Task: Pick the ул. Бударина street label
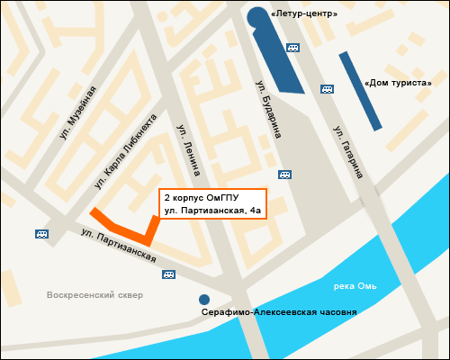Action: coord(268,107)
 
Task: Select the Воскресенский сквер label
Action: coord(95,294)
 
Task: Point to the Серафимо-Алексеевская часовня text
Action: coord(279,311)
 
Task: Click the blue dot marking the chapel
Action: coord(204,300)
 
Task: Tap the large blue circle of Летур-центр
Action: coord(258,17)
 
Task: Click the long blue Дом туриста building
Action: coord(360,90)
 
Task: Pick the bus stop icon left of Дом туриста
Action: coord(328,89)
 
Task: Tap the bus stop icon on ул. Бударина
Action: coord(284,174)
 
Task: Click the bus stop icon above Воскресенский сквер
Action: coord(167,274)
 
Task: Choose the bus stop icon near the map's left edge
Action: coord(41,234)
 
